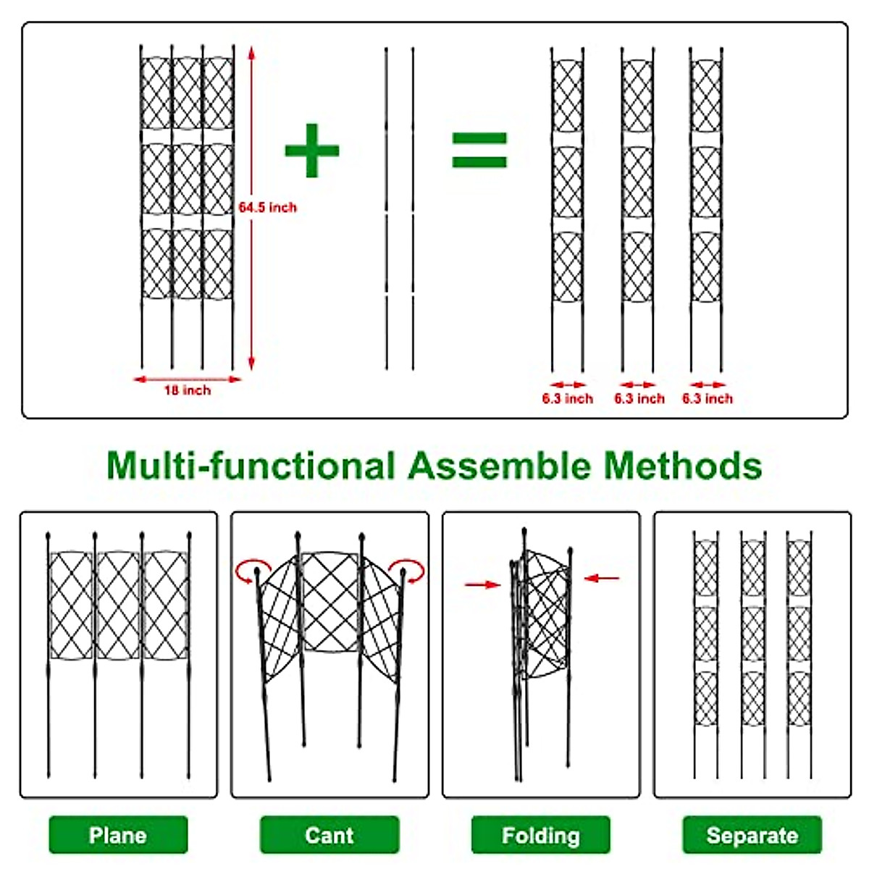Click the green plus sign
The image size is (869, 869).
(x=311, y=151)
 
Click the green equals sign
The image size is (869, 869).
(x=479, y=151)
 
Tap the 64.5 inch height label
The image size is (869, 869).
(x=268, y=208)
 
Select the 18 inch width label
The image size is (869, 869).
(x=187, y=390)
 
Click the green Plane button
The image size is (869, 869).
(x=118, y=835)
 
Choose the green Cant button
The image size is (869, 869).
(x=329, y=835)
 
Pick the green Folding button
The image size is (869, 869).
(x=541, y=835)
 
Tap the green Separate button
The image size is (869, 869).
(x=752, y=835)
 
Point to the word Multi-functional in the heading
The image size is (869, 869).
(x=251, y=466)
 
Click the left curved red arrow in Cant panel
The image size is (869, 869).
(x=251, y=570)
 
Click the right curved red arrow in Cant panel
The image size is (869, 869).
(x=407, y=570)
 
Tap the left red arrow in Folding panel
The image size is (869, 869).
(x=482, y=584)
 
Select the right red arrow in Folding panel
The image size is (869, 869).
(x=602, y=578)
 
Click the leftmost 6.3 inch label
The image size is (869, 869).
(x=567, y=398)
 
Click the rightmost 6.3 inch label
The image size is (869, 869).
(x=708, y=398)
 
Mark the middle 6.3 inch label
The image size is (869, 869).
(x=639, y=398)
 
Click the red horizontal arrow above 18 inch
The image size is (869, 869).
(x=187, y=379)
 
